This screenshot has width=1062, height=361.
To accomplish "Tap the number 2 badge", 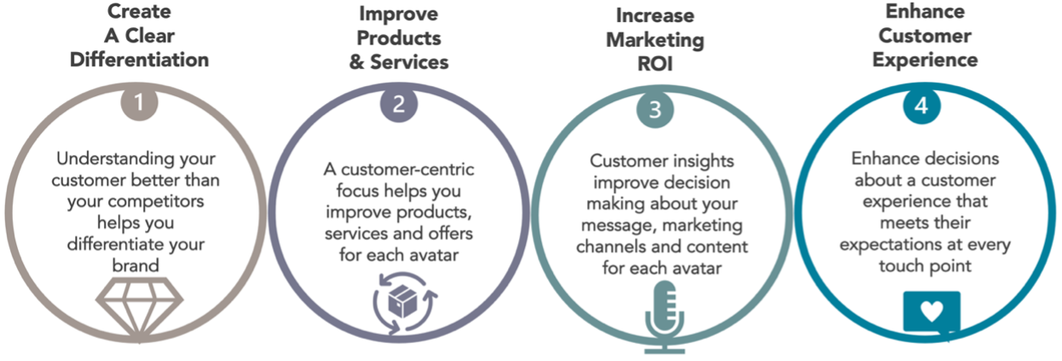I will pyautogui.click(x=399, y=105).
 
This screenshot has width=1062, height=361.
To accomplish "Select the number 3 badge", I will pyautogui.click(x=655, y=110).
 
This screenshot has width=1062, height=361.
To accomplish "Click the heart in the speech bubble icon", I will pyautogui.click(x=932, y=311).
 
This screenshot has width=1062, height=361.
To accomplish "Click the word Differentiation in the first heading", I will pyautogui.click(x=140, y=60).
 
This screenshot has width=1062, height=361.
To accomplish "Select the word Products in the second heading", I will pyautogui.click(x=399, y=38).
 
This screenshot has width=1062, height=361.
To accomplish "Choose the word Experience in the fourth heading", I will pyautogui.click(x=925, y=60).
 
